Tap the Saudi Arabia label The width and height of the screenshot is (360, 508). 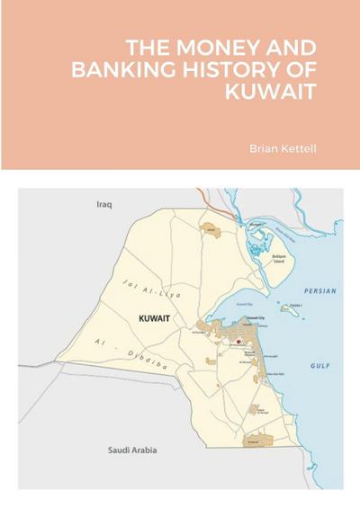131,450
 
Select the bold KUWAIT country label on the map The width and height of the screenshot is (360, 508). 156,318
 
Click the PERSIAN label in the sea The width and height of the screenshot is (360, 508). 320,292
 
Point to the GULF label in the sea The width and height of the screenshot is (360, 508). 320,366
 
